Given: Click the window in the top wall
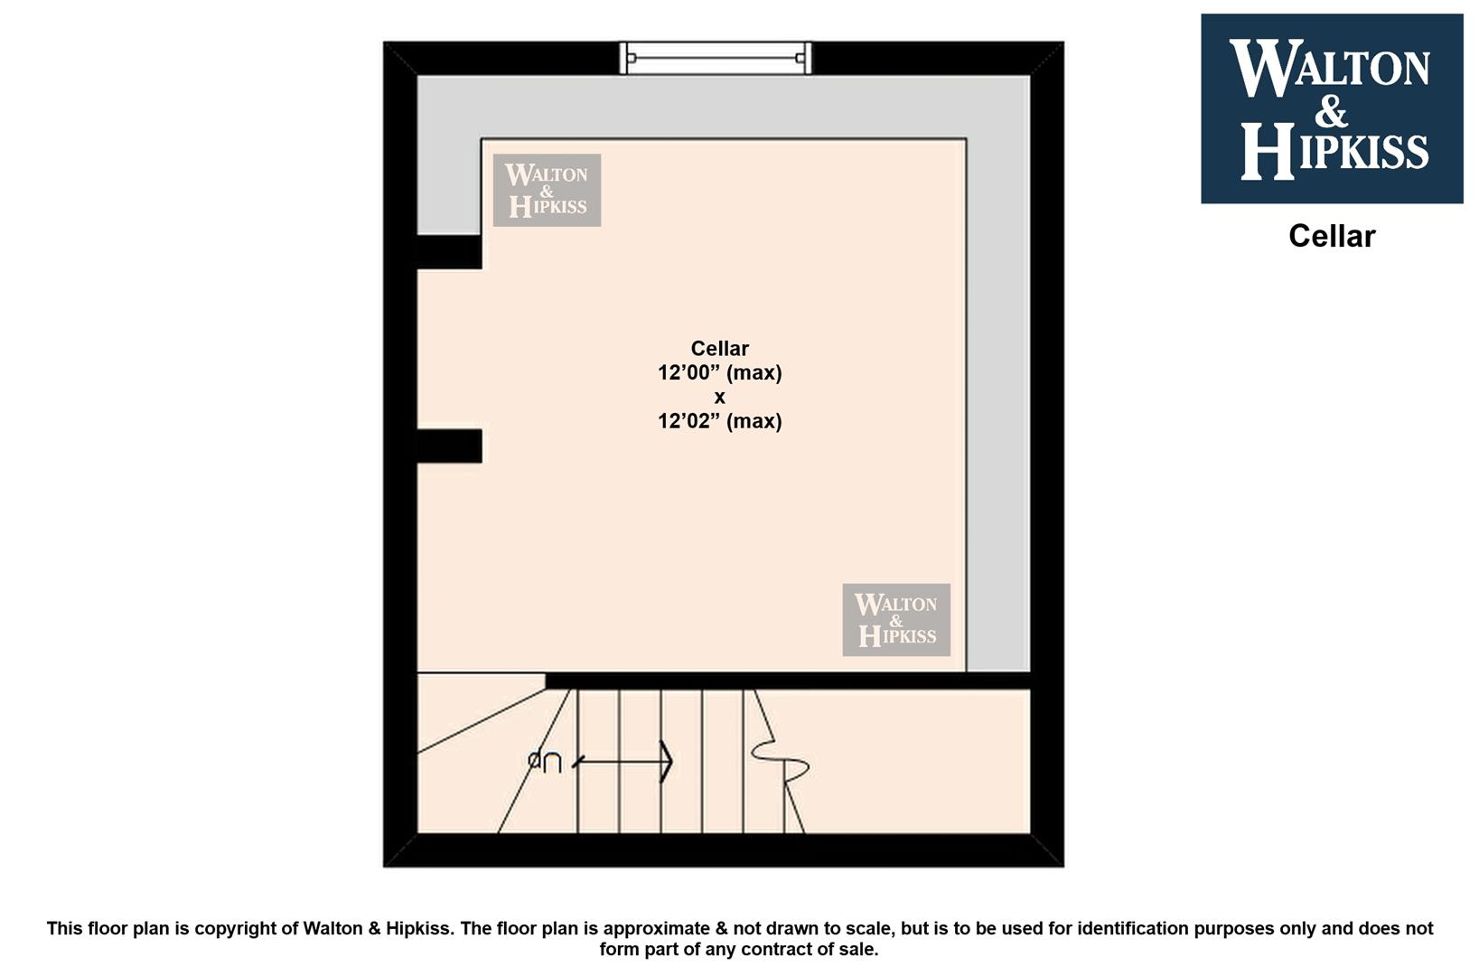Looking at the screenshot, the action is click(716, 58).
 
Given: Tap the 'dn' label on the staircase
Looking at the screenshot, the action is click(545, 762).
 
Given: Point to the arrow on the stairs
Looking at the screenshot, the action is click(622, 762).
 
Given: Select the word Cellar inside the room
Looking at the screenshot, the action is click(720, 348).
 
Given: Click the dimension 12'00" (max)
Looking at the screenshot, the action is click(720, 372).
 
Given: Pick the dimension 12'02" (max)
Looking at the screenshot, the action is click(720, 420).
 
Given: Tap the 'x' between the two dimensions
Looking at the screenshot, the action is click(720, 398).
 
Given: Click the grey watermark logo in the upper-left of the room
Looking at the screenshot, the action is click(547, 190).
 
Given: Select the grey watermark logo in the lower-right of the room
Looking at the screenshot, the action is click(896, 619).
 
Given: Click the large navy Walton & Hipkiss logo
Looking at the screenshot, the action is click(1332, 108).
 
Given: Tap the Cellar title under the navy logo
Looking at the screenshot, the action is click(1332, 236).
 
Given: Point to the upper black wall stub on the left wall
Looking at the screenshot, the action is click(449, 251).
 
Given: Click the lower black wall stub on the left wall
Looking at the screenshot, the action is click(449, 446).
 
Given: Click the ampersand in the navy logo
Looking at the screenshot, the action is click(1331, 111).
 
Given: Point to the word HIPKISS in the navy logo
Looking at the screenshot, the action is click(1334, 151).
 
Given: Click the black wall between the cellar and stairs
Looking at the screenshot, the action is click(789, 680).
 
